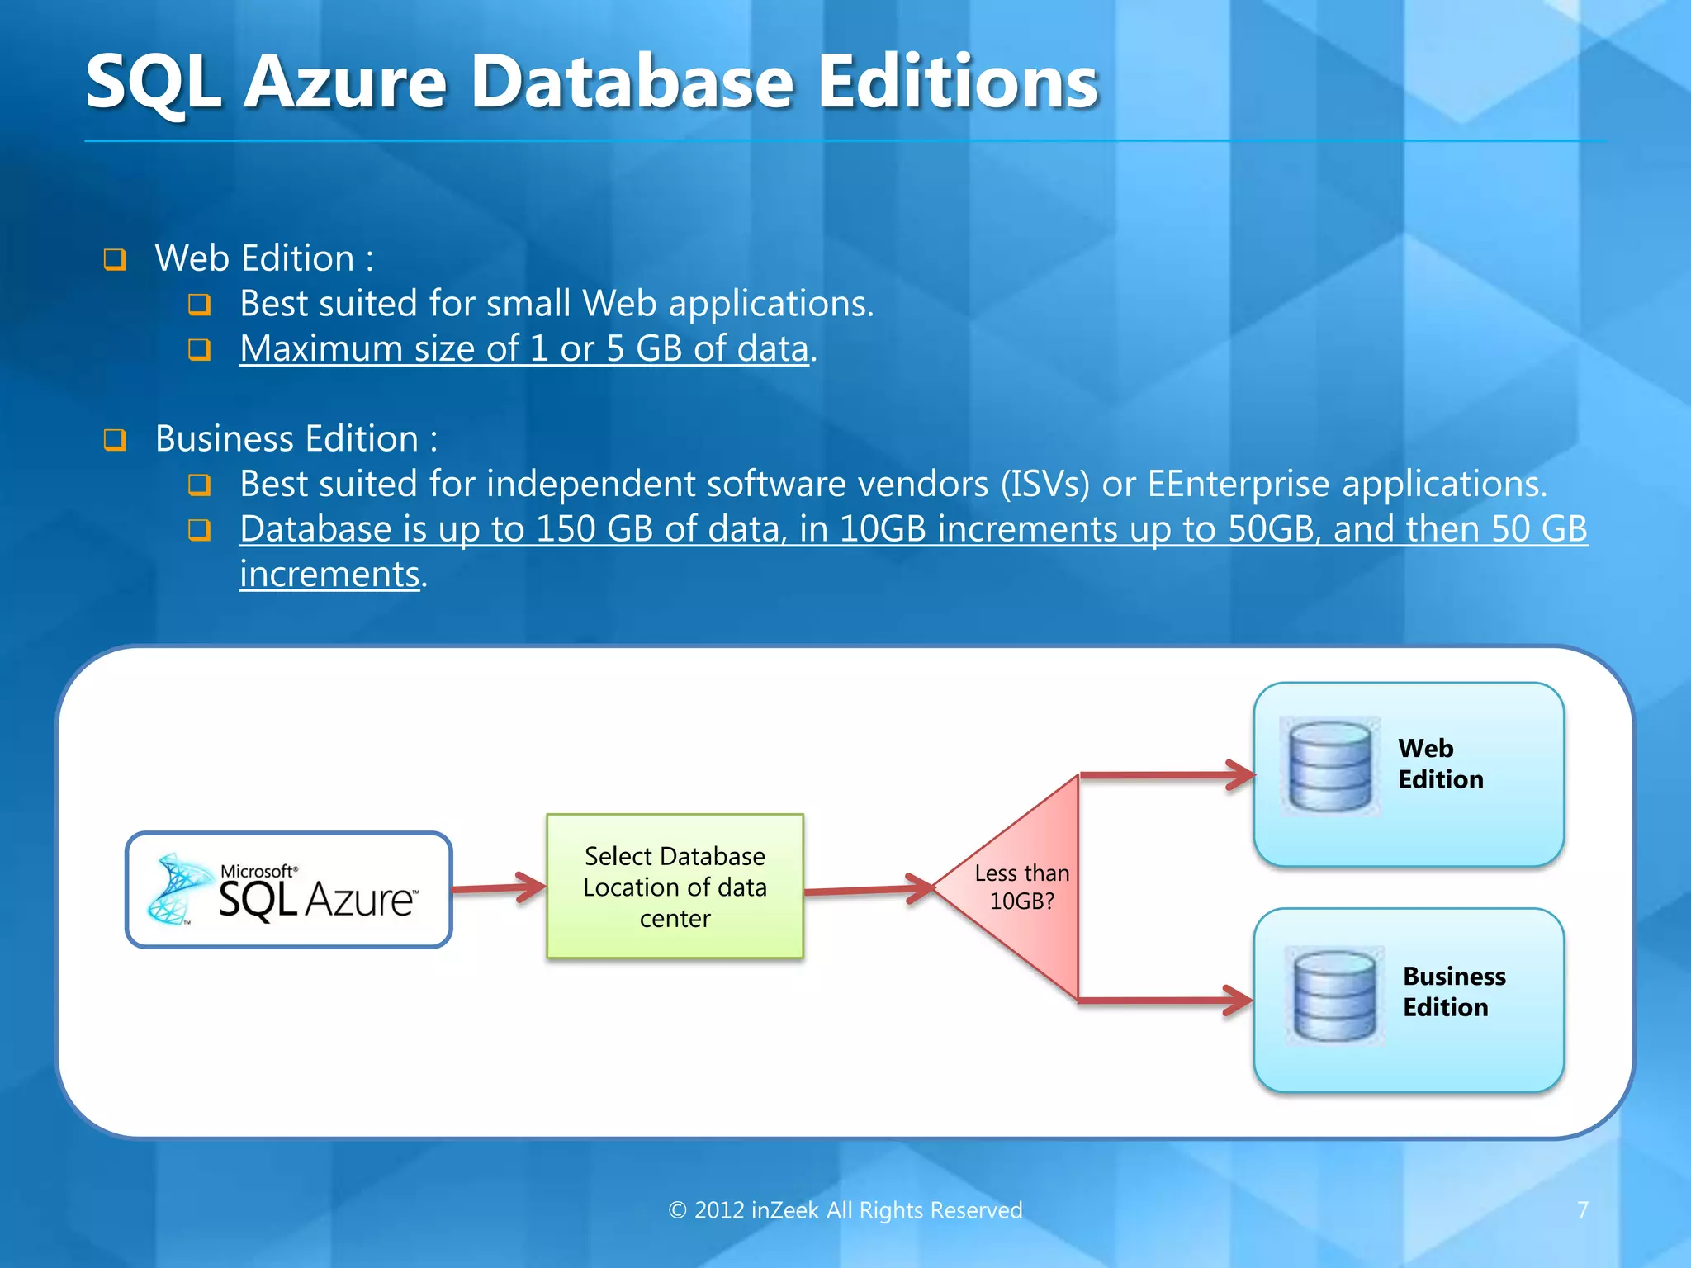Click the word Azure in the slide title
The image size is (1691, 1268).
345,82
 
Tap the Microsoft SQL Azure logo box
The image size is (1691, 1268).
288,890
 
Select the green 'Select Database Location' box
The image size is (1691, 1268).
675,887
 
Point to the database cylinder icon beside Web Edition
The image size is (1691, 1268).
1329,766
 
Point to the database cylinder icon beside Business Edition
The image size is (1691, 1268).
1334,996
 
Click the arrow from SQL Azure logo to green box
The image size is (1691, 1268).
499,887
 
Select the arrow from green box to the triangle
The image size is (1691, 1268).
867,890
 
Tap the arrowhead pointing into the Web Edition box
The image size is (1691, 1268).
1240,775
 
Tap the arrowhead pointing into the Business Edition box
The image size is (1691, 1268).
1239,1001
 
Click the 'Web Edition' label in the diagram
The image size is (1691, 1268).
1440,764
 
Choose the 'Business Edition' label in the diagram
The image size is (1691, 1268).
1453,991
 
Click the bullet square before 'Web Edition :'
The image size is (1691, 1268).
115,259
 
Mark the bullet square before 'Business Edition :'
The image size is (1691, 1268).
115,439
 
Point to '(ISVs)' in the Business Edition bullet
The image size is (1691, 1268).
1045,484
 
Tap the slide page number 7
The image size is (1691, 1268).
1582,1210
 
